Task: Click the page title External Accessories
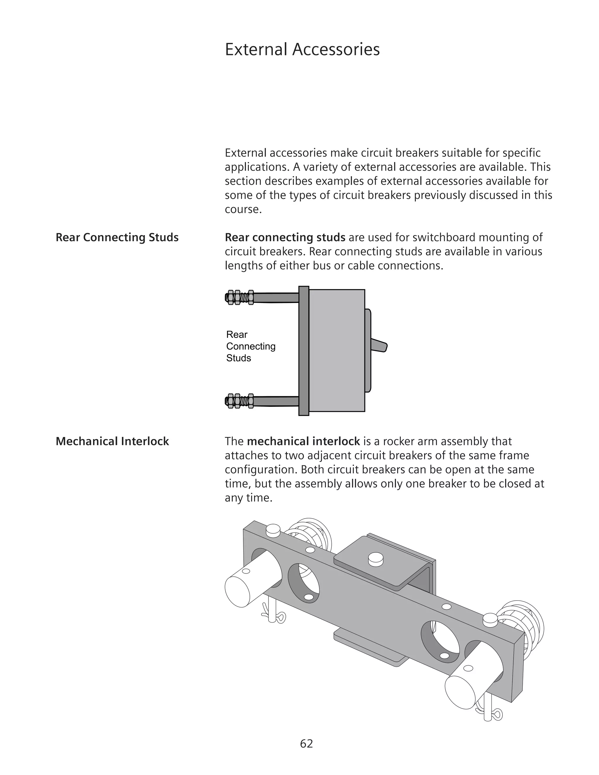pyautogui.click(x=302, y=49)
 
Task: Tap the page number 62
pyautogui.click(x=307, y=743)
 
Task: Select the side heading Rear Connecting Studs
pyautogui.click(x=117, y=237)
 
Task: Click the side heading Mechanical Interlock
pyautogui.click(x=112, y=441)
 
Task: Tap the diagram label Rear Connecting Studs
pyautogui.click(x=251, y=346)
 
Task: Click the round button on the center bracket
pyautogui.click(x=376, y=559)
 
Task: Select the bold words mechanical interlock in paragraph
pyautogui.click(x=303, y=441)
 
